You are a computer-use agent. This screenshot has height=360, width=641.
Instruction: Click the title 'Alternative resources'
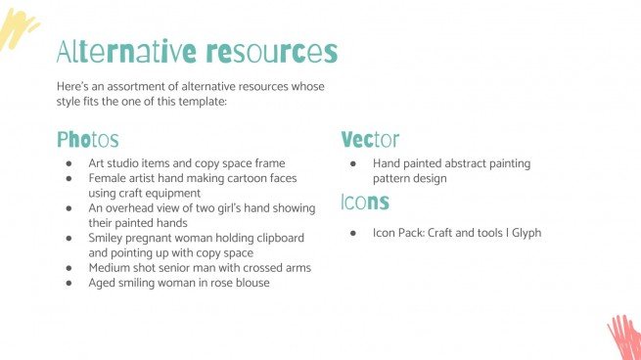pos(197,51)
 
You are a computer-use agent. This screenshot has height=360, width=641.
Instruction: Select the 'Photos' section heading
pos(88,140)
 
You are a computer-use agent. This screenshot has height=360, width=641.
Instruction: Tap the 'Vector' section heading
pos(370,140)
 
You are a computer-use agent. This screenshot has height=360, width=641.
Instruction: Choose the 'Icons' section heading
pos(365,202)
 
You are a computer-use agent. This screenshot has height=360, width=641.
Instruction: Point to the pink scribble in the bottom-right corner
pos(623,337)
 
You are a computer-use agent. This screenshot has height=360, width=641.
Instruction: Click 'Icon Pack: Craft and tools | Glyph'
pos(456,233)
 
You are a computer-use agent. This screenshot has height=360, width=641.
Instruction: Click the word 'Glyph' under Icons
pos(524,233)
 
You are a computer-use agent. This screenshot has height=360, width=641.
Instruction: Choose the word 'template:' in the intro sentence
pos(200,101)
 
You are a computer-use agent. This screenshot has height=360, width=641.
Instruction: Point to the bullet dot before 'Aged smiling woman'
pos(69,283)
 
